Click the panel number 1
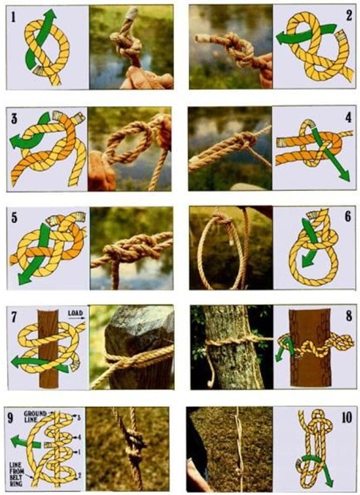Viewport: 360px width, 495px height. (x=13, y=17)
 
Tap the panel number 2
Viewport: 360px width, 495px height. (x=348, y=15)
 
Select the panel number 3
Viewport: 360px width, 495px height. (x=14, y=118)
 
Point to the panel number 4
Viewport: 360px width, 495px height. (x=348, y=118)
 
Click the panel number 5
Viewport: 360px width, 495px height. (x=14, y=218)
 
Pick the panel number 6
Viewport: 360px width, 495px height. (x=348, y=217)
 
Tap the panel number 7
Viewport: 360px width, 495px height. (x=14, y=317)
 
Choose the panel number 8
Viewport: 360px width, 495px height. (x=348, y=316)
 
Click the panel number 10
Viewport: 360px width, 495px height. (x=346, y=417)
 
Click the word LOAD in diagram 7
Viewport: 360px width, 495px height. (x=75, y=314)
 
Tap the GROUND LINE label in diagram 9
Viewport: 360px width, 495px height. (x=34, y=416)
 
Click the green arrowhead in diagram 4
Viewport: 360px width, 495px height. (x=345, y=175)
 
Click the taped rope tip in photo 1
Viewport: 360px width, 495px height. (x=132, y=14)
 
